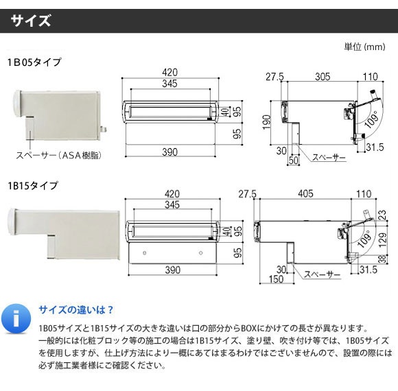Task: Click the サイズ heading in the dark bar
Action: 31,21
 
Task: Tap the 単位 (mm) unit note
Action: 364,47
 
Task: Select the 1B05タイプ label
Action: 34,62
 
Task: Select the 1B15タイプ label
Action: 33,186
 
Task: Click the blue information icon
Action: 16,319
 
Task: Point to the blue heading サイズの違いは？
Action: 76,310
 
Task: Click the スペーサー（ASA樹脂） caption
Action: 58,155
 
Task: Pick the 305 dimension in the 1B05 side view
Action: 323,77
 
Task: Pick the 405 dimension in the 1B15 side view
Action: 305,194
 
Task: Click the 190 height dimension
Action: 266,122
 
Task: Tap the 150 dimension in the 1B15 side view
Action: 276,279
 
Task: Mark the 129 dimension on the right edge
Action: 382,240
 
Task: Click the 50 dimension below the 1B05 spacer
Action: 294,160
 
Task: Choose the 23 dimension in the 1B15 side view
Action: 382,215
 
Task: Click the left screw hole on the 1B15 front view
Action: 145,253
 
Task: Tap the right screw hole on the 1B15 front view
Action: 201,253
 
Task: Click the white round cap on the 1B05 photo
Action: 16,104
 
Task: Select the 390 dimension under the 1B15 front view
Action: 173,270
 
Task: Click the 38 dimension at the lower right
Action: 382,259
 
